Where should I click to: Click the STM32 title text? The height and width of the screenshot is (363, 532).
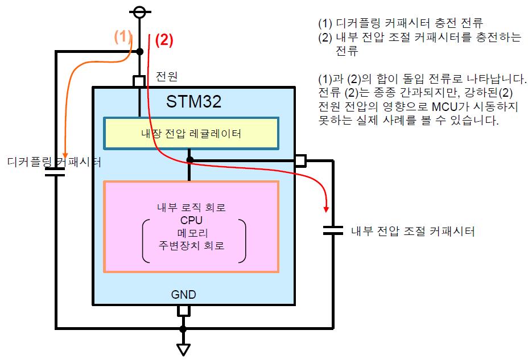[193, 101]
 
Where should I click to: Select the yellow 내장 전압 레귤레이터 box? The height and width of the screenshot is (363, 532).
[191, 133]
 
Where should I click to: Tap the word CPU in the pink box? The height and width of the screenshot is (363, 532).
[191, 220]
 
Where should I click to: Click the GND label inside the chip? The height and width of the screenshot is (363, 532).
[184, 294]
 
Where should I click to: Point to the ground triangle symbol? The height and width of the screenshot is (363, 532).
[183, 349]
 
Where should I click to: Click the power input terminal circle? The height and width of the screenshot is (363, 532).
[139, 12]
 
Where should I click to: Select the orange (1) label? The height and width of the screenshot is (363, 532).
[122, 36]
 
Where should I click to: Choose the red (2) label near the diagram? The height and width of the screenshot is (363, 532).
[164, 40]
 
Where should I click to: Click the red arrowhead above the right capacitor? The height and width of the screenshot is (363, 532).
[326, 209]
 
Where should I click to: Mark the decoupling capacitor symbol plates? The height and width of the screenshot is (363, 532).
[55, 172]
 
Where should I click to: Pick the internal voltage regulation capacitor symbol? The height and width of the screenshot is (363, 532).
[333, 230]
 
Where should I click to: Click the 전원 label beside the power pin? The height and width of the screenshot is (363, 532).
[167, 76]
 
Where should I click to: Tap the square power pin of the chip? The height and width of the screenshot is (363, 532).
[139, 81]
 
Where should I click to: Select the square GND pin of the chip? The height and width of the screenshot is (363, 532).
[184, 311]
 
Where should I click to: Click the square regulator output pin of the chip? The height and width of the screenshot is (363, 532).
[300, 161]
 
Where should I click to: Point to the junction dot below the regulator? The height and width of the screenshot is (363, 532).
[190, 160]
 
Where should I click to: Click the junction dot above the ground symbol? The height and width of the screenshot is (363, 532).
[183, 329]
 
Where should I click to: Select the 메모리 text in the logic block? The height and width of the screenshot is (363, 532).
[192, 233]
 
